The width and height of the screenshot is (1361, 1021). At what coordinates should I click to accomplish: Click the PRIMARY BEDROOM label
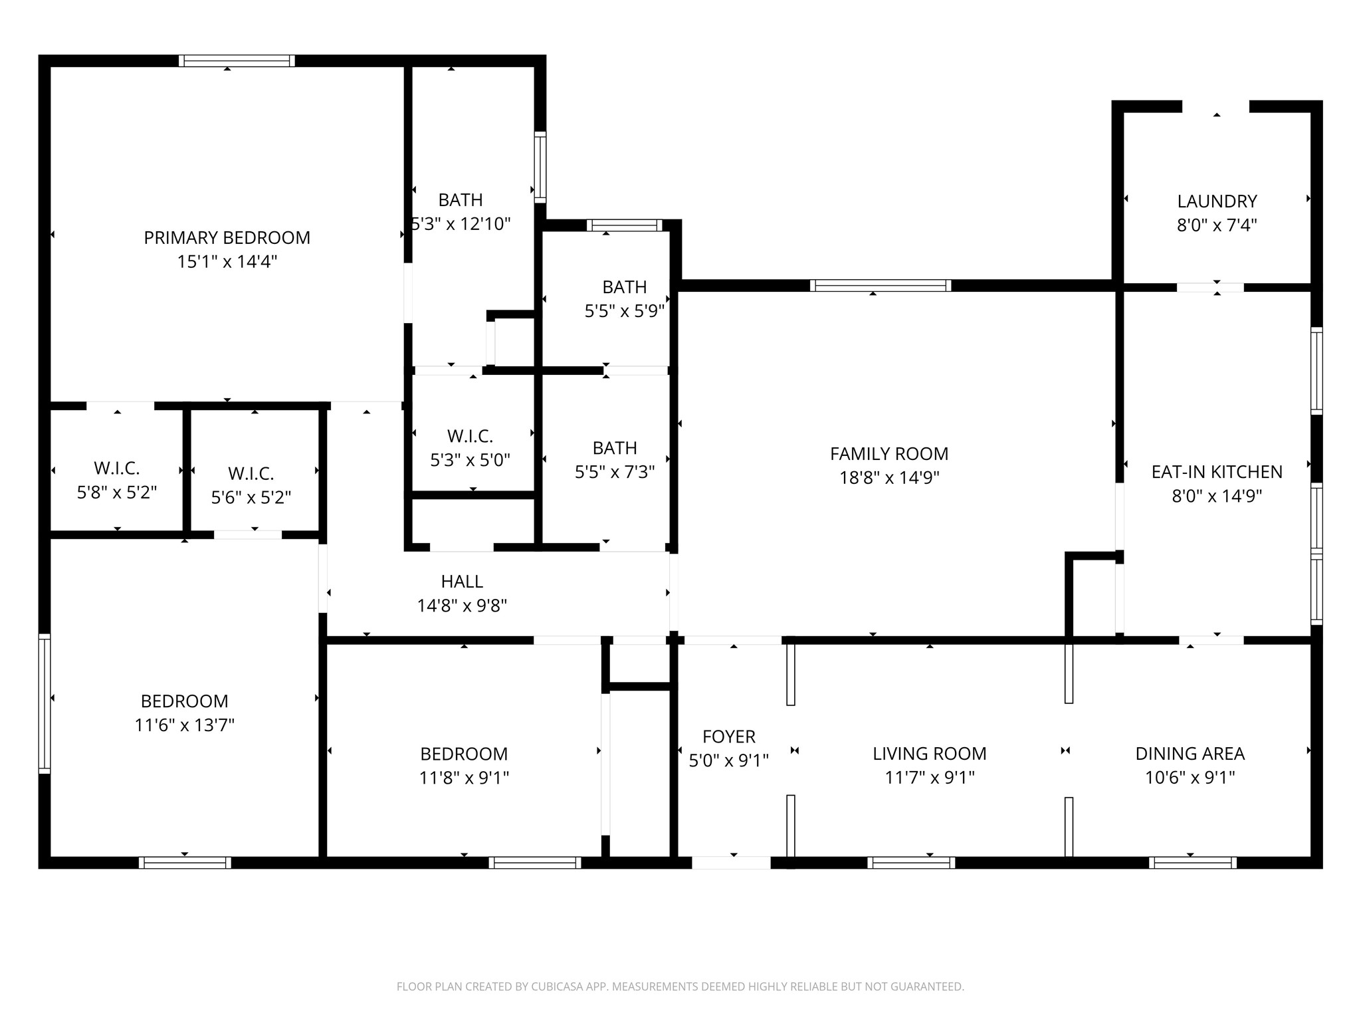tap(227, 238)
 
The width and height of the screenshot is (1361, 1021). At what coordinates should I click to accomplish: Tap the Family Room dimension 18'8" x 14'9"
tap(889, 478)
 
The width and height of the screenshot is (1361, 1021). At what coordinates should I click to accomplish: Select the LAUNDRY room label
tap(1216, 201)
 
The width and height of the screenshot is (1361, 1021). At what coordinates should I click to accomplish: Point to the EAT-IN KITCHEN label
tap(1216, 472)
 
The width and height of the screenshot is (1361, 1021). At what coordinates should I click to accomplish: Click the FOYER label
tap(728, 737)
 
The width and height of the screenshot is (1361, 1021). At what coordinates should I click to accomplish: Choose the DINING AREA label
tap(1190, 754)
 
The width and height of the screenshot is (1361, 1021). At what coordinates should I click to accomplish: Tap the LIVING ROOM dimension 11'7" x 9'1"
tap(929, 778)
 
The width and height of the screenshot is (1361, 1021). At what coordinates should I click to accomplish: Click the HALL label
tap(462, 582)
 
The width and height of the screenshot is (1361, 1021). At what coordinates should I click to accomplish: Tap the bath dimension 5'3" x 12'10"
tap(461, 224)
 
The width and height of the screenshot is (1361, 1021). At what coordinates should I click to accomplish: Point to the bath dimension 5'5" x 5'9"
tap(624, 311)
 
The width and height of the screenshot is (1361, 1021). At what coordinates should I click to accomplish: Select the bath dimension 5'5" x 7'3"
tap(615, 472)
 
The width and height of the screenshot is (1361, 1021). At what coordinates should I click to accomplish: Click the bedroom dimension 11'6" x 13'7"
tap(185, 725)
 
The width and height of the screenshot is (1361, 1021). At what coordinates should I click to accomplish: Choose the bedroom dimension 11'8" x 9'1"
tap(464, 778)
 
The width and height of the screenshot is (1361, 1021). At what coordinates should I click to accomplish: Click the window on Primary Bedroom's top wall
tap(237, 60)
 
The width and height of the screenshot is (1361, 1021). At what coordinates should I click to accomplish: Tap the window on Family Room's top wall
tap(880, 286)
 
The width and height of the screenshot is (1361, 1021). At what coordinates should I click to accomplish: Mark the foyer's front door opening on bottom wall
tap(731, 863)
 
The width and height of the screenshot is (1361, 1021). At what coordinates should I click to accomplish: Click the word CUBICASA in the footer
tap(558, 987)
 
